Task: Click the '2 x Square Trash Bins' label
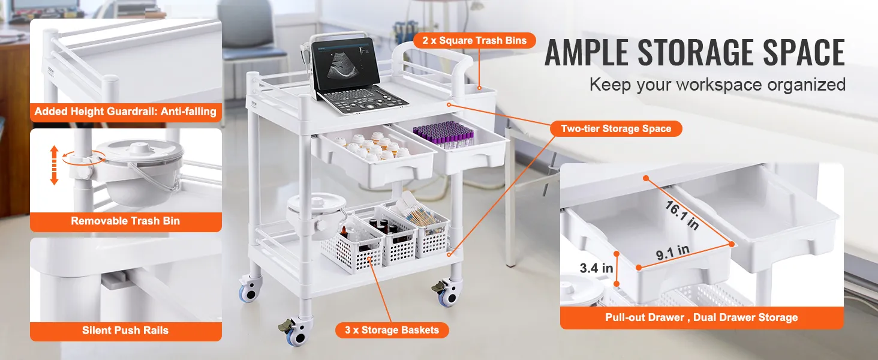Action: [x=474, y=40]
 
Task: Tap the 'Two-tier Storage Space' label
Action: [x=616, y=128]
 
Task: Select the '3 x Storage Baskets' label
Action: [x=392, y=330]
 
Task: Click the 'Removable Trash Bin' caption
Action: [x=125, y=221]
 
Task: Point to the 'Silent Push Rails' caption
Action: [x=125, y=330]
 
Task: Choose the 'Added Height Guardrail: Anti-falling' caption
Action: [x=125, y=112]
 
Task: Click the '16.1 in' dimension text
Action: [x=682, y=215]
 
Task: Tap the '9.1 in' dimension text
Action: [x=673, y=253]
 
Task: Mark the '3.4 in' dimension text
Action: [x=596, y=268]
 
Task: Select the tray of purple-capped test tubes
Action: [x=444, y=133]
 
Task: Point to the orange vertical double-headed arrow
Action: [x=54, y=165]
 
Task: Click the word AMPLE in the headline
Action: [x=587, y=53]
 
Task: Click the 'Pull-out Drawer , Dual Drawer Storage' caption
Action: [x=701, y=317]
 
